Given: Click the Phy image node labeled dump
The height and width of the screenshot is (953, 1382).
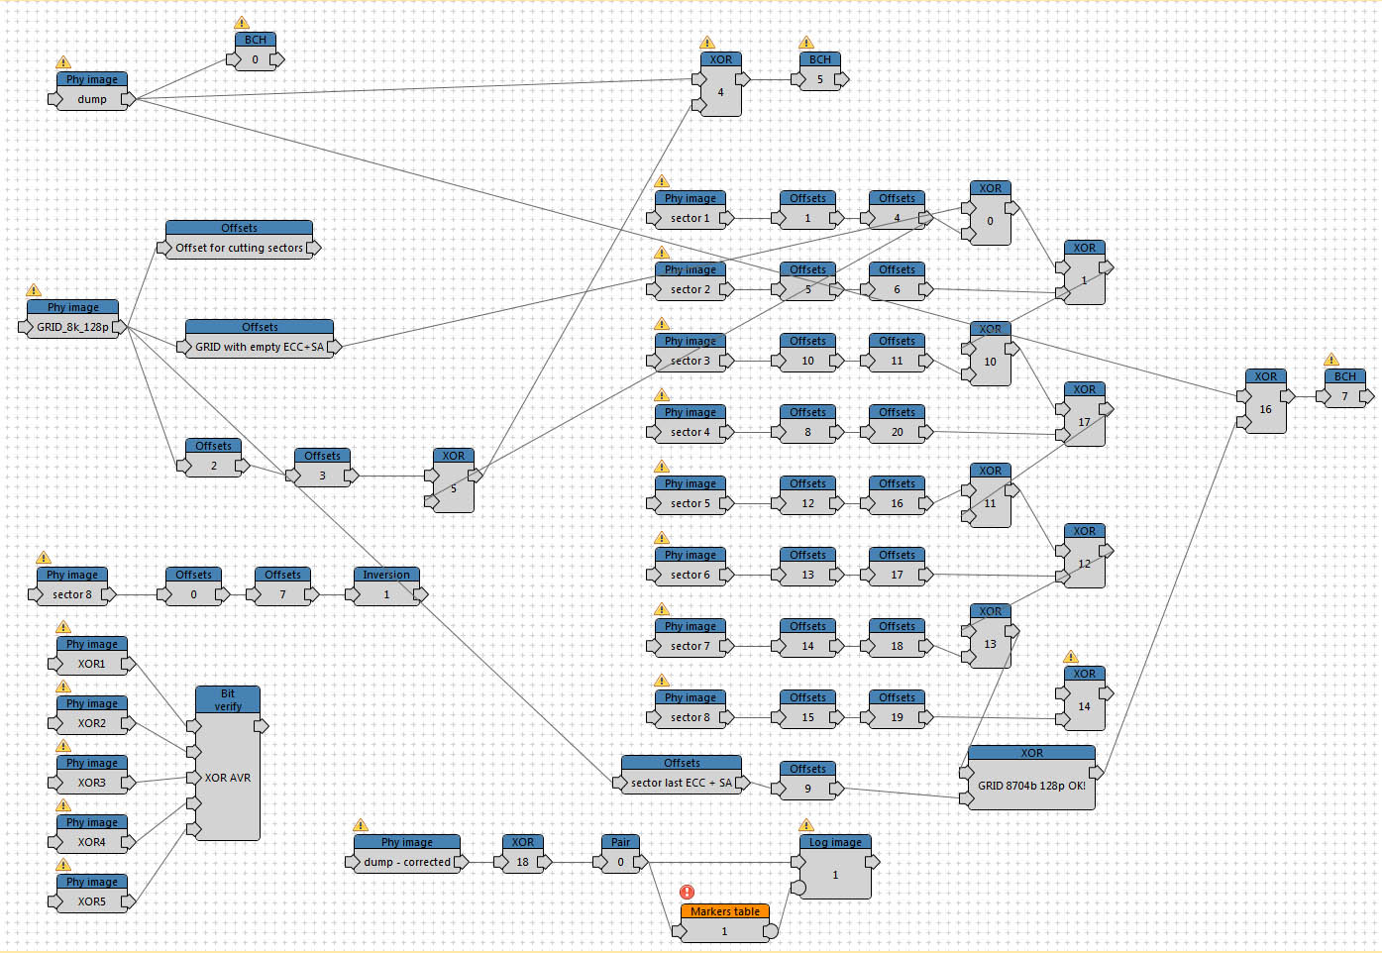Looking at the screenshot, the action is [x=92, y=91].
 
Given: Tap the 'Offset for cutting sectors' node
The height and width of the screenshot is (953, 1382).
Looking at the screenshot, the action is [x=240, y=240].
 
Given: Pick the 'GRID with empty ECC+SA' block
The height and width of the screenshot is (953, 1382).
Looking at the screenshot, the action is [x=260, y=339].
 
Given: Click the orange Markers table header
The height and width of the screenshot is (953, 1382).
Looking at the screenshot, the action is [x=725, y=911].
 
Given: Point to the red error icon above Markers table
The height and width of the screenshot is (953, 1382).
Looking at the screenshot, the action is [x=687, y=892].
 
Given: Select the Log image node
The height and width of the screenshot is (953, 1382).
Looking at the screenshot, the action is [x=835, y=867].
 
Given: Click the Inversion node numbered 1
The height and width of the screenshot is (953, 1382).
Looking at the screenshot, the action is [x=386, y=586].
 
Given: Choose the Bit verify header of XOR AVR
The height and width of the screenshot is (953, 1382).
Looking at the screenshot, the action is [x=228, y=700].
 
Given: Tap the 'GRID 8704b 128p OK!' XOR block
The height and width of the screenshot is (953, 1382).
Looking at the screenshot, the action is [x=1031, y=778].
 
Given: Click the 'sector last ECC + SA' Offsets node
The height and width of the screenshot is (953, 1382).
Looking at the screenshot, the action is [x=682, y=776].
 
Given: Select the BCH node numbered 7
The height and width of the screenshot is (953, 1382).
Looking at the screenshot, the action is [x=1345, y=388].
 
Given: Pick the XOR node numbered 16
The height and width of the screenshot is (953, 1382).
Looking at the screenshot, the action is [x=1265, y=401].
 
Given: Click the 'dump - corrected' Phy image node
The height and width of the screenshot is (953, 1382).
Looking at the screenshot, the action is [x=407, y=854].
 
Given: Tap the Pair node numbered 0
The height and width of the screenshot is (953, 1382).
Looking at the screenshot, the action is [x=621, y=854].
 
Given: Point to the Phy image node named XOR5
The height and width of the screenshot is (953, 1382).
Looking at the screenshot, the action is [x=92, y=894].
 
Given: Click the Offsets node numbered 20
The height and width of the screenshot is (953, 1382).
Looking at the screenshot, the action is [x=898, y=424].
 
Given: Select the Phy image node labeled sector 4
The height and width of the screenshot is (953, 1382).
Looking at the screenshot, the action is [x=691, y=424].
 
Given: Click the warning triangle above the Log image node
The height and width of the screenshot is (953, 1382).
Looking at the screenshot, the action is [x=805, y=824].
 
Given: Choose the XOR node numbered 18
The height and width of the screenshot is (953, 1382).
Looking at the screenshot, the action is [x=522, y=854].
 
